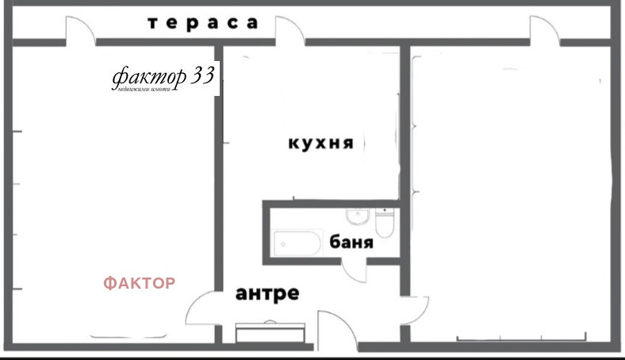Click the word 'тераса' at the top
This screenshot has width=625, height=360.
(x=203, y=23)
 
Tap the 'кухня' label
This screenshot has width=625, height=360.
(x=320, y=144)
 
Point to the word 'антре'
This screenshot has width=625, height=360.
(x=267, y=294)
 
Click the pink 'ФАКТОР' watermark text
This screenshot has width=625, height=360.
(x=140, y=283)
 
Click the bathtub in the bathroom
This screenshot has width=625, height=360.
(x=297, y=243)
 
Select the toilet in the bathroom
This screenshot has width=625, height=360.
(x=385, y=224)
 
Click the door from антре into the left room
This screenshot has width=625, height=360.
(x=200, y=309)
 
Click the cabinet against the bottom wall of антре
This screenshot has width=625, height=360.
(x=270, y=331)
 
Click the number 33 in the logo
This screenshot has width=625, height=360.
(x=205, y=76)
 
